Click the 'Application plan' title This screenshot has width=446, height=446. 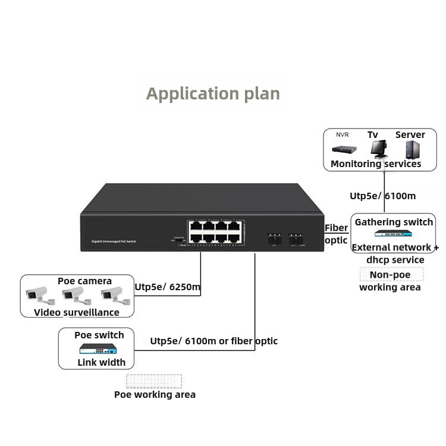(213, 94)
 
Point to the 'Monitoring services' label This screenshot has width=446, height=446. (376, 164)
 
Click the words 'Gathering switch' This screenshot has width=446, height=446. (394, 222)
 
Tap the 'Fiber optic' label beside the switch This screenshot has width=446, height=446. (336, 234)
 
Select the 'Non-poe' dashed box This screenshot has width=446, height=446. (392, 275)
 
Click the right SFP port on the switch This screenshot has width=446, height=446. (297, 238)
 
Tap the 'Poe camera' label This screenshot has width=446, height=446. (84, 281)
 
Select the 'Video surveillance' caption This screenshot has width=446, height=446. (77, 312)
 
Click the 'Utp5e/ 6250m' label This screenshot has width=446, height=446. (168, 288)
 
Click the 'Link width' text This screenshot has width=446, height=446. (102, 362)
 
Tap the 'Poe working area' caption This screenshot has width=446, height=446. (155, 394)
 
